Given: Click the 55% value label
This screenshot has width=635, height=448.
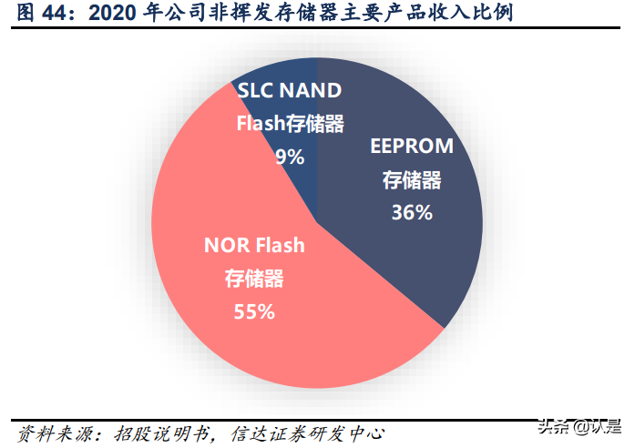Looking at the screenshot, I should pyautogui.click(x=254, y=311).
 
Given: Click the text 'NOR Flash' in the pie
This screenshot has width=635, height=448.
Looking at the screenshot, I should pyautogui.click(x=254, y=245).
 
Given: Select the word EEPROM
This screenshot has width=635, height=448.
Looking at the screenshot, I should pyautogui.click(x=411, y=147).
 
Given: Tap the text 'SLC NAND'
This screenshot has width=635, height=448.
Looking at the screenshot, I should pyautogui.click(x=289, y=90).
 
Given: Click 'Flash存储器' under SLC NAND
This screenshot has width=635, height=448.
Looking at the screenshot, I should pyautogui.click(x=290, y=124).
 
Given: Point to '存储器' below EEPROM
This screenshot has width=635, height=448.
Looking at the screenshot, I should pyautogui.click(x=412, y=180).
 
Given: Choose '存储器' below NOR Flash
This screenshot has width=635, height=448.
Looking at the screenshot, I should pyautogui.click(x=254, y=279).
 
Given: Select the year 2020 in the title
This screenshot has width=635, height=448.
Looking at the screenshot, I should pyautogui.click(x=99, y=13).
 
